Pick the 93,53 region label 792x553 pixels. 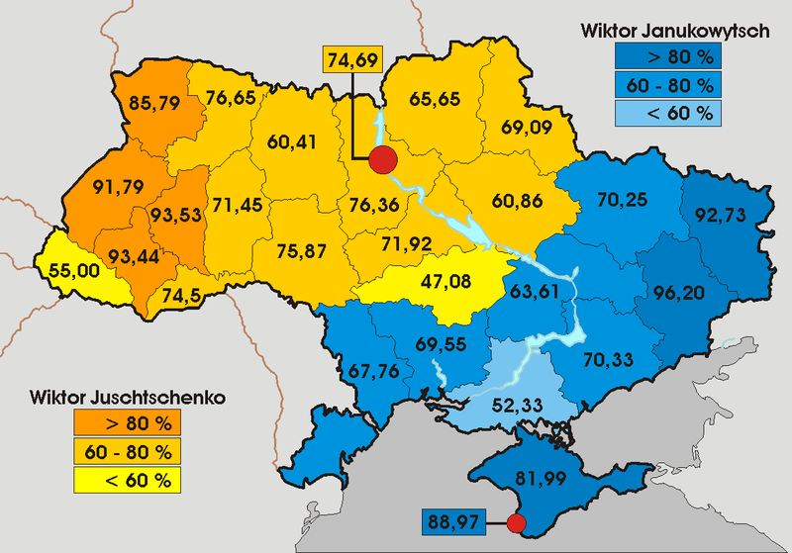(178, 214)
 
